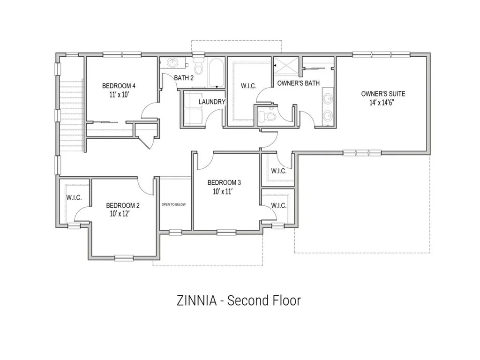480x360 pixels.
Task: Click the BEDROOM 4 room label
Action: tap(119, 86)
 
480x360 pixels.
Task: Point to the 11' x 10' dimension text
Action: tap(119, 94)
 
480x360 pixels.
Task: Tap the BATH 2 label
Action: tap(184, 78)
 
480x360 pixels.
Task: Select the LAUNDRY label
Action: tap(212, 102)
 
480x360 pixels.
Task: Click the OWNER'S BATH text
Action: tap(298, 83)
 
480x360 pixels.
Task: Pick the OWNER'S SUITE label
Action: tap(383, 94)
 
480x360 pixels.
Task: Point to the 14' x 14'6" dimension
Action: tap(383, 102)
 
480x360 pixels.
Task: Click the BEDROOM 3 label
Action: tap(224, 182)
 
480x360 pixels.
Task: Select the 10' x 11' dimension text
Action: tap(224, 191)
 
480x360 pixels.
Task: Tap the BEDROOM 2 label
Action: tap(122, 205)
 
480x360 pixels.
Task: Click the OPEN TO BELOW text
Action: tap(174, 205)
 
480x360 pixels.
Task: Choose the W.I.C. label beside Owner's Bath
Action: tap(248, 86)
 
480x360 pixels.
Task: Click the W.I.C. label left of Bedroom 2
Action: tap(74, 198)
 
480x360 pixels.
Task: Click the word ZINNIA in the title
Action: tap(196, 300)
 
